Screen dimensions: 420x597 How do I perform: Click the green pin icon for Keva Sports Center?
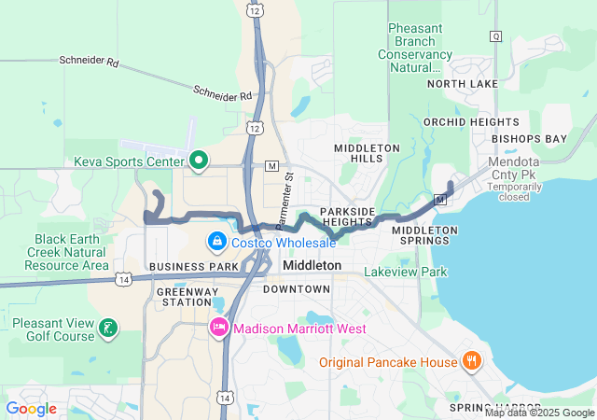click(198, 161)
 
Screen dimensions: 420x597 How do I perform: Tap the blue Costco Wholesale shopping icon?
click(216, 243)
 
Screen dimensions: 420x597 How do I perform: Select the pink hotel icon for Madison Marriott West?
click(219, 328)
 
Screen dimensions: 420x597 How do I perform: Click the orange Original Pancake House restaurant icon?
click(472, 361)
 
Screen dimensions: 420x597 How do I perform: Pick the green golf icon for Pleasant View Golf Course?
click(109, 327)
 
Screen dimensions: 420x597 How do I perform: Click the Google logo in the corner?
click(31, 408)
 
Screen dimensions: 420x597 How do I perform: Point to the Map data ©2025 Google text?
click(539, 413)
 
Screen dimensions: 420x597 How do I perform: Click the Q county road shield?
click(495, 36)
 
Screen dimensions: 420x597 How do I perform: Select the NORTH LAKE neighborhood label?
click(463, 84)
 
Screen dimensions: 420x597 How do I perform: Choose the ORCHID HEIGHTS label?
click(471, 122)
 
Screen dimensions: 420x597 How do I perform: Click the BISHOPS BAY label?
click(530, 139)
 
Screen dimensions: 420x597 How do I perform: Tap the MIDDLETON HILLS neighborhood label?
click(368, 153)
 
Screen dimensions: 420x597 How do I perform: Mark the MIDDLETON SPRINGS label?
click(424, 235)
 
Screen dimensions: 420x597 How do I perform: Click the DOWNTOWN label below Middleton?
click(296, 289)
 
